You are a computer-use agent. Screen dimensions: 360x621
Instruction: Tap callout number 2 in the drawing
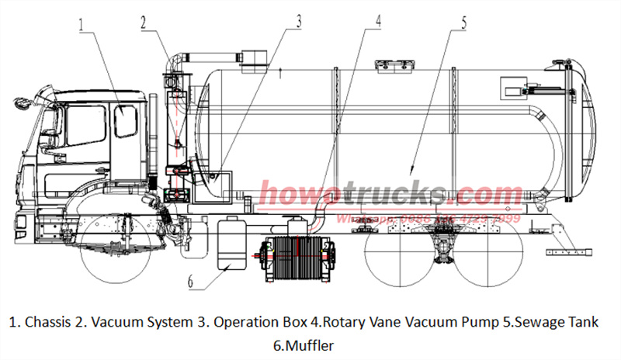click(x=144, y=22)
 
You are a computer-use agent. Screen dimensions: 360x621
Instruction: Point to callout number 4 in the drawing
click(x=378, y=20)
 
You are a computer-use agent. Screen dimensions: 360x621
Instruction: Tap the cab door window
click(x=125, y=122)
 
